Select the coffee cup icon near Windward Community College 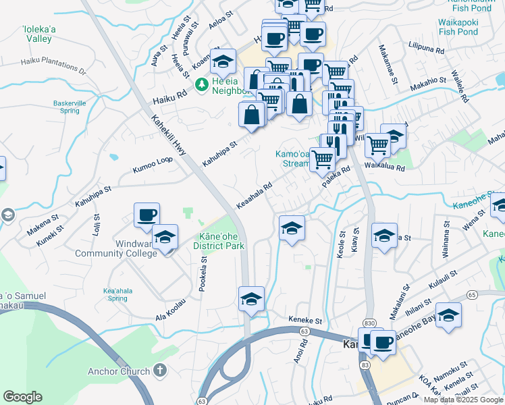point(147,216)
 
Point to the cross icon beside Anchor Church point(159,370)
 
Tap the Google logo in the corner point(23,397)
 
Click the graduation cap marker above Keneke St point(251,299)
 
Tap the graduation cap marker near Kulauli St point(449,316)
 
